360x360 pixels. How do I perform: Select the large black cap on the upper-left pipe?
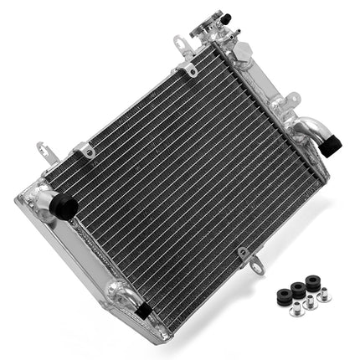pyautogui.click(x=64, y=206)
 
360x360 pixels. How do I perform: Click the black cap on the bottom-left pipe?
pyautogui.click(x=143, y=310)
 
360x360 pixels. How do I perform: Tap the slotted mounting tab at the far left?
pyautogui.click(x=45, y=153)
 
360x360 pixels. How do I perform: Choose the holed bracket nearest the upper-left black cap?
pyautogui.click(x=85, y=152)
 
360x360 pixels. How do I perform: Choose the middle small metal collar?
pyautogui.click(x=310, y=301)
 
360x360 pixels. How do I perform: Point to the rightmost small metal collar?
pyautogui.click(x=323, y=295)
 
